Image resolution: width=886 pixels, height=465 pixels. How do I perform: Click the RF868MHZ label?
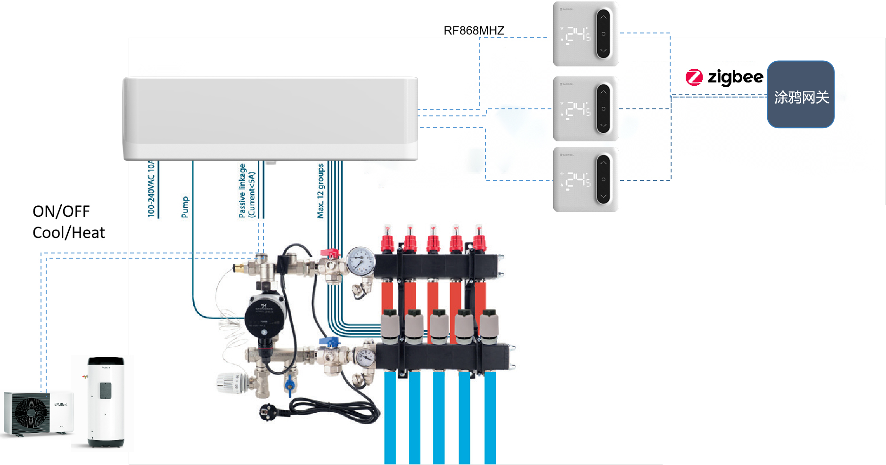[474, 31]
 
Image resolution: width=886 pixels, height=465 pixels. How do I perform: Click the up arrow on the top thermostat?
[603, 17]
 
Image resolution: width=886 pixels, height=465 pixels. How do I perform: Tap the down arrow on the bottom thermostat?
[603, 196]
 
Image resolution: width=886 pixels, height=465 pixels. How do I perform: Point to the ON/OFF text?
[61, 212]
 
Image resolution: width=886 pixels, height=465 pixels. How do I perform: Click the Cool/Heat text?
[69, 233]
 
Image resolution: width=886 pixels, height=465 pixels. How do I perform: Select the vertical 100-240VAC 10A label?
[151, 188]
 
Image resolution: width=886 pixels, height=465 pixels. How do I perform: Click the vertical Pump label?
[185, 207]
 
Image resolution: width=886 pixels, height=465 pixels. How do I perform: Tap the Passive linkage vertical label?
[246, 191]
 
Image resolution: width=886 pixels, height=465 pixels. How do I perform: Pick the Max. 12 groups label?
[320, 191]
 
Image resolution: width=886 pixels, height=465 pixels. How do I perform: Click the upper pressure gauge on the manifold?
[361, 261]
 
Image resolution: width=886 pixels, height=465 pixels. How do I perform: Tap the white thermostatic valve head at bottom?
[231, 383]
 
